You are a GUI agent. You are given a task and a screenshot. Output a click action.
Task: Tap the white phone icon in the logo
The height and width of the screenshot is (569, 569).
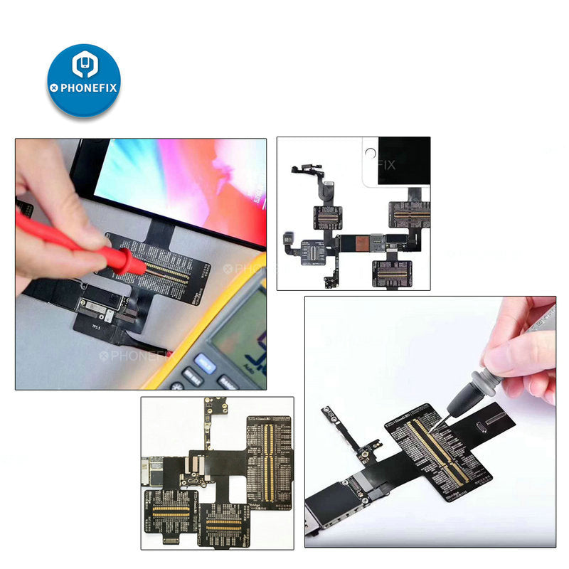pyautogui.click(x=85, y=65)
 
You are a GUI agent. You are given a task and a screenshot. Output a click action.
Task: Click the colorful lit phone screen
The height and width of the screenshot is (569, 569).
pyautogui.click(x=185, y=178)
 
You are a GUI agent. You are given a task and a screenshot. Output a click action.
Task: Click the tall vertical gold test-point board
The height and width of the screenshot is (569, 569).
pyautogui.click(x=269, y=454)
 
